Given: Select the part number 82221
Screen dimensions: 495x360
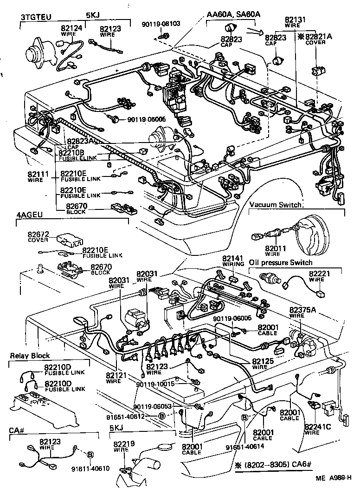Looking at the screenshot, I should [319, 274].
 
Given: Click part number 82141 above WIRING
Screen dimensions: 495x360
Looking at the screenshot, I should [232, 258].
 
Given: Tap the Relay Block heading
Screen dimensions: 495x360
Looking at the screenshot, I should [30, 356].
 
